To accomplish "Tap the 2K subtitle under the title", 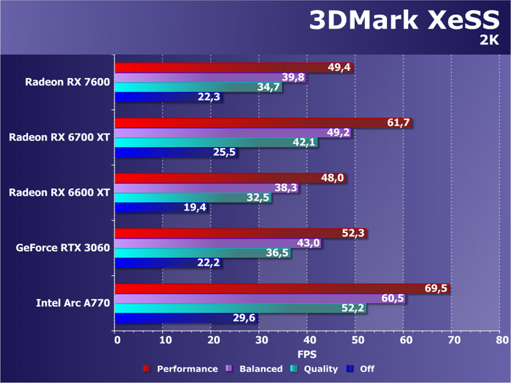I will pos(489,41).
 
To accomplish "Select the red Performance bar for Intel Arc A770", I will pos(282,289).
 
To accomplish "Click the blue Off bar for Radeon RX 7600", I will pos(168,98).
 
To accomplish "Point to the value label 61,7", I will pos(397,122).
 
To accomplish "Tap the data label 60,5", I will pos(392,299).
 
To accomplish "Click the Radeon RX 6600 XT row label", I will pos(59,192).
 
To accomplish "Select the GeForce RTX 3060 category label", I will pos(63,248).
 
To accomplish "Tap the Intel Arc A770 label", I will pos(73,302).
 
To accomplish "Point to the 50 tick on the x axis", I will pos(357,340).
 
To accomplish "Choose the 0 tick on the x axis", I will pos(117,340).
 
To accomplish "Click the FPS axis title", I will pos(307,354).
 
